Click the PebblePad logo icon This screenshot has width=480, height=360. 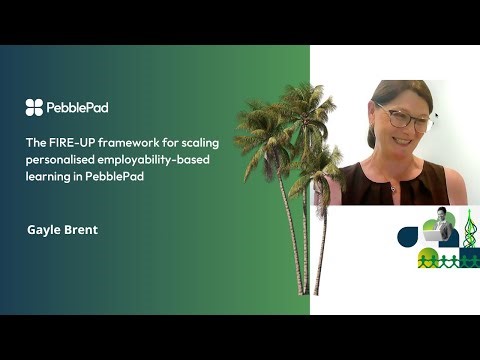[x=34, y=106]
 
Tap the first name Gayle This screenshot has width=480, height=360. [x=43, y=229]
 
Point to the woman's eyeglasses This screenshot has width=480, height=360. [x=405, y=118]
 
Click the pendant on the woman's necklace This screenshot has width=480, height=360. [x=392, y=187]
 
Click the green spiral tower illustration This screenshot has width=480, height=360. [x=468, y=236]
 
